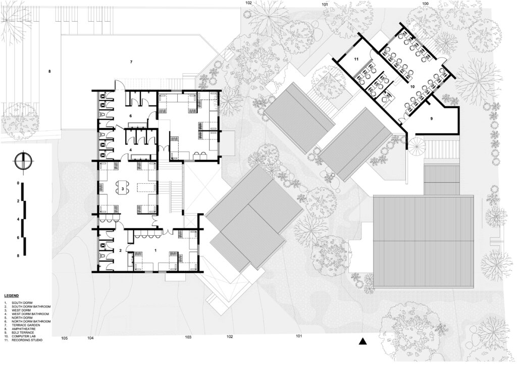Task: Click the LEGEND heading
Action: tap(11, 296)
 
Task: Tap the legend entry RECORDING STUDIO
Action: tap(27, 340)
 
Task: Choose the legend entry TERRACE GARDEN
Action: tap(26, 325)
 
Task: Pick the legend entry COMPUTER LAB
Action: tap(24, 336)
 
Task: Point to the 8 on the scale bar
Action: tap(18, 255)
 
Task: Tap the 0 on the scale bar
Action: tap(18, 183)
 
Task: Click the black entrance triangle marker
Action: tap(363, 342)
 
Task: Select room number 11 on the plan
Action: tap(356, 60)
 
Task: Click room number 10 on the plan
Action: tap(412, 87)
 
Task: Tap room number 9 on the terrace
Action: tap(431, 118)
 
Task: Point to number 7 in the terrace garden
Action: tap(131, 62)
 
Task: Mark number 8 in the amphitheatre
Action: tap(50, 71)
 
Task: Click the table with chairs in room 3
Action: tap(123, 187)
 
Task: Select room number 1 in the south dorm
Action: tap(156, 250)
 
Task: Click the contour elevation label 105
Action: tap(65, 338)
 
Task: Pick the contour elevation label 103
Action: tap(188, 337)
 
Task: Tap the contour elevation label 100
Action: tap(425, 4)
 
